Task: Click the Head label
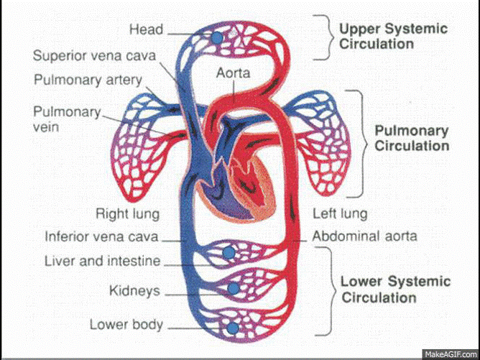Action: [145, 29]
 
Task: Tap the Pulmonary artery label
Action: [88, 80]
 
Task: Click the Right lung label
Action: [127, 213]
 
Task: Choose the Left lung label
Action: [340, 213]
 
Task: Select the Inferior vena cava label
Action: [101, 236]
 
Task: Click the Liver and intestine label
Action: [102, 261]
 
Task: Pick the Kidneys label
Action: [134, 291]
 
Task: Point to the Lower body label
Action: [126, 324]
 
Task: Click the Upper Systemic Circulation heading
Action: [392, 36]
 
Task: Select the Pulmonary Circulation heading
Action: [412, 139]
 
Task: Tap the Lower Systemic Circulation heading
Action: [395, 289]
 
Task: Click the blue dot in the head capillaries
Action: [216, 37]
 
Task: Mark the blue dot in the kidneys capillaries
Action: [233, 288]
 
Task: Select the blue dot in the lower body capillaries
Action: [231, 328]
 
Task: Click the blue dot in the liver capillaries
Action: [229, 253]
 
